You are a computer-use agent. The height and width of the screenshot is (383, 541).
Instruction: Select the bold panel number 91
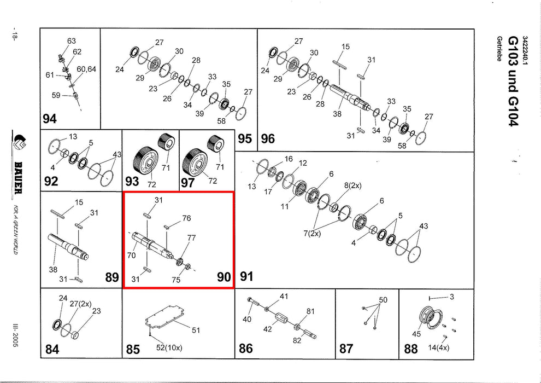pyautogui.click(x=247, y=277)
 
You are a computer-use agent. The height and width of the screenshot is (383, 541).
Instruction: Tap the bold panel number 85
pyautogui.click(x=133, y=350)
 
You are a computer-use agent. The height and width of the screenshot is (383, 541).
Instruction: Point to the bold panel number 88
pyautogui.click(x=410, y=349)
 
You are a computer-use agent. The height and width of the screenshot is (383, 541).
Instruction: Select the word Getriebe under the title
pyautogui.click(x=499, y=49)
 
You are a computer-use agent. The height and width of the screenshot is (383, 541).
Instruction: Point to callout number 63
pyautogui.click(x=72, y=41)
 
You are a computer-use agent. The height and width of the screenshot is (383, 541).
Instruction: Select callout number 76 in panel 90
pyautogui.click(x=186, y=218)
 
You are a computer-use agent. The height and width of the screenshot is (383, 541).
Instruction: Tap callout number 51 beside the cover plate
pyautogui.click(x=196, y=330)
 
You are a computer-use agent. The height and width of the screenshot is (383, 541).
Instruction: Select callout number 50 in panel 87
pyautogui.click(x=383, y=300)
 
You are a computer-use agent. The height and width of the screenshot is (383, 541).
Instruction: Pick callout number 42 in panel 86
pyautogui.click(x=267, y=329)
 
